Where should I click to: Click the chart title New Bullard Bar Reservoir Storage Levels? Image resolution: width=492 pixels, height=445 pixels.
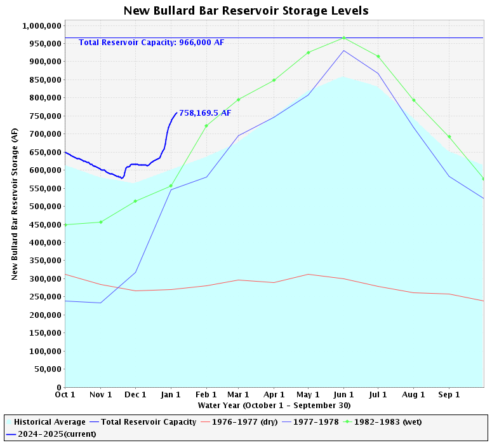(x=246, y=11)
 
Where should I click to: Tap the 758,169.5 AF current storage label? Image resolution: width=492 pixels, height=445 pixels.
(x=205, y=113)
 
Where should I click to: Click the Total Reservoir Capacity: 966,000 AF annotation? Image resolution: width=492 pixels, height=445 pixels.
(x=151, y=43)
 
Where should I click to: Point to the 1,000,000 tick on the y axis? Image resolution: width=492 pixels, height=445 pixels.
(x=41, y=26)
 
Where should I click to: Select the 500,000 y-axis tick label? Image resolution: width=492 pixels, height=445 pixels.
(x=44, y=207)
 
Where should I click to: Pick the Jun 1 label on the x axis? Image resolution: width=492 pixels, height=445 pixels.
(x=343, y=395)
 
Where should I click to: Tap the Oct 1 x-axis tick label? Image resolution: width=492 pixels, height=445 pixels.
(x=65, y=395)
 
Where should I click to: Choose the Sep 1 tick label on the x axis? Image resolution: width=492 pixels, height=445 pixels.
(x=449, y=395)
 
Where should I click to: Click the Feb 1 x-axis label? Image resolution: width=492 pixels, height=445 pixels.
(x=206, y=395)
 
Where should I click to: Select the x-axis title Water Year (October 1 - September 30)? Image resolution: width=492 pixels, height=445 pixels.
(x=274, y=405)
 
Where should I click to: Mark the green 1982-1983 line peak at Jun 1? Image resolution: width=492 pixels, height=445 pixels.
(x=343, y=38)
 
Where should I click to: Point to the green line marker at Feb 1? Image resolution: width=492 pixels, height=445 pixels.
(x=206, y=125)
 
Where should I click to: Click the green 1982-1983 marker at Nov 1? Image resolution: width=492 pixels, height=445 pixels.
(x=100, y=222)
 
